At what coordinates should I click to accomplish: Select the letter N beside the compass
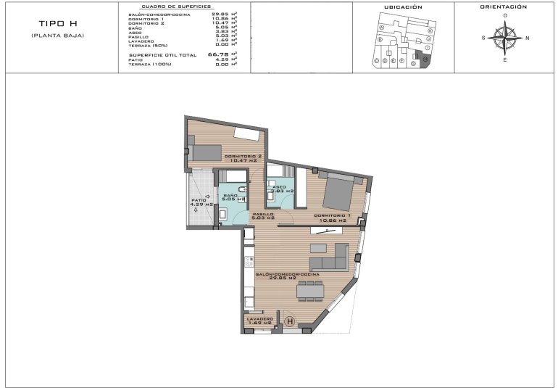point(527,38)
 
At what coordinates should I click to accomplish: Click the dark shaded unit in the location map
point(425,62)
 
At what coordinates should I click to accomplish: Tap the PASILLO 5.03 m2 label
point(263,215)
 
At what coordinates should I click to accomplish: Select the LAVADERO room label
point(259,320)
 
